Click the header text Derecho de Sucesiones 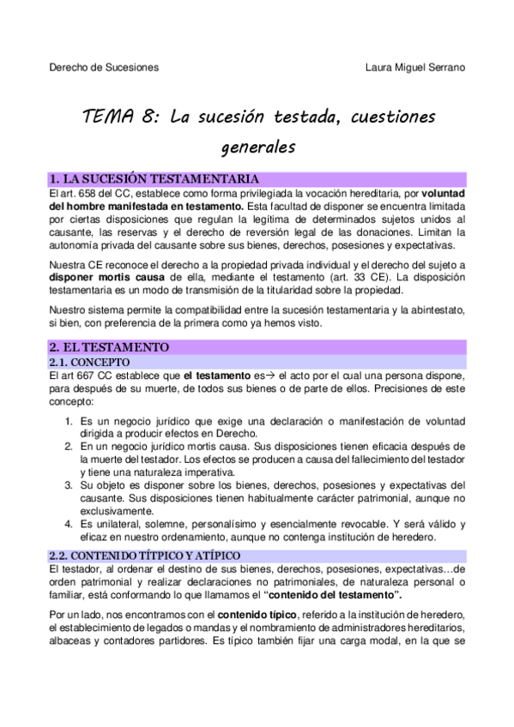103,67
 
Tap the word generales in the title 257,147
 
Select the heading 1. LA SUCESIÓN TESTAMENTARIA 155,178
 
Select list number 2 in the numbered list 70,448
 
